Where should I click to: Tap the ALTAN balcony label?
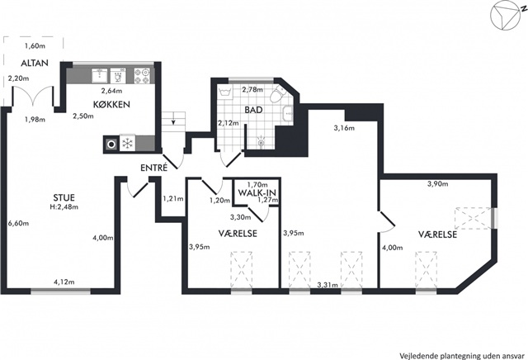(35, 63)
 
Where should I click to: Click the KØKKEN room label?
(112, 104)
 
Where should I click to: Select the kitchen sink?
(100, 76)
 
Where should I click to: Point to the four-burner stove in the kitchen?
(142, 76)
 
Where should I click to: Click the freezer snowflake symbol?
(127, 144)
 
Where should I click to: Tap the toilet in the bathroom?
(278, 93)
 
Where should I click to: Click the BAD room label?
(253, 110)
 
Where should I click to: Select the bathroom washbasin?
(288, 113)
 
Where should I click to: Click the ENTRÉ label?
(154, 168)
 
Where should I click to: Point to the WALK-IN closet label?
(257, 193)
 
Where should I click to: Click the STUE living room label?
(64, 197)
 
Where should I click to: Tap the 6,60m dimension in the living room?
(18, 223)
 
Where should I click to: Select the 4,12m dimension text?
(64, 282)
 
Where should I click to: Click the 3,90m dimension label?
(438, 183)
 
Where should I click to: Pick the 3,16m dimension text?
(344, 128)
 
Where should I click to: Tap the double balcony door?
(33, 96)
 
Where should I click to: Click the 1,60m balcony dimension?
(35, 46)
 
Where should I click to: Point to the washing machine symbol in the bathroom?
(224, 92)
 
